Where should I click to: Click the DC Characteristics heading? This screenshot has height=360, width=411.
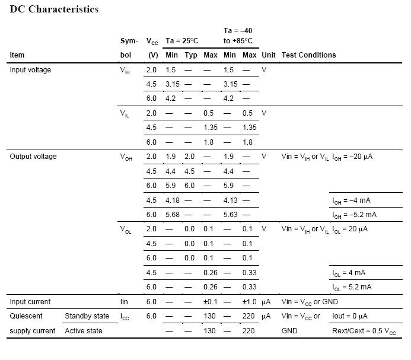(55, 9)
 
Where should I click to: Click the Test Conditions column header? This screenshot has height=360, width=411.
(308, 55)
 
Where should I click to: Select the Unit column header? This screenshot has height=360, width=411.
(269, 55)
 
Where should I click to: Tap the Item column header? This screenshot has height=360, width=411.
(17, 55)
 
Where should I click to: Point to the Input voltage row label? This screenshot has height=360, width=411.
(30, 70)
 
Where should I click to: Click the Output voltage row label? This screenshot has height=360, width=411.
(33, 157)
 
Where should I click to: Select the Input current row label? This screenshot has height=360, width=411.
(30, 302)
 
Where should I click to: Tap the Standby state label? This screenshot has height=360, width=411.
(87, 316)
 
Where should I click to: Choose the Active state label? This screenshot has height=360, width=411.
(84, 330)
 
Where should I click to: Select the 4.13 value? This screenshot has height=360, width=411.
(231, 200)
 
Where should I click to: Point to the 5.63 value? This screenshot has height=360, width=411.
(231, 215)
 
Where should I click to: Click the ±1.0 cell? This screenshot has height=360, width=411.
(249, 302)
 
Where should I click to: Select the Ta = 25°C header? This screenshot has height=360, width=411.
(181, 41)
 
